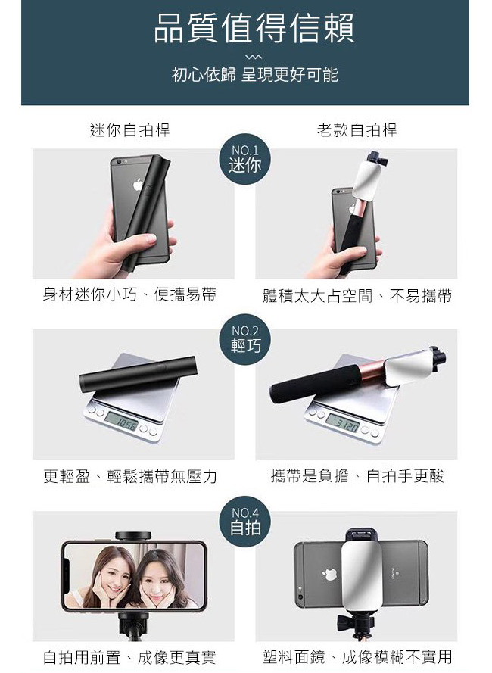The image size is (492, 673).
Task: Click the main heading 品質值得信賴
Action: (x=254, y=28)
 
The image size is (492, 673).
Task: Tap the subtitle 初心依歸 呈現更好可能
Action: (x=255, y=75)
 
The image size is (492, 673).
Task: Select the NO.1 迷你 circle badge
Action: (x=245, y=159)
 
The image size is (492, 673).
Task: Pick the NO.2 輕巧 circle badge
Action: (x=245, y=339)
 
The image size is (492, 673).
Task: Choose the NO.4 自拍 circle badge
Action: (x=245, y=522)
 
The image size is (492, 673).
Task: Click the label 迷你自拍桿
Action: (x=129, y=129)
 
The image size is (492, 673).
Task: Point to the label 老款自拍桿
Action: (x=357, y=129)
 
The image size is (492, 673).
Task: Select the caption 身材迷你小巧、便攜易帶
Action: (x=129, y=294)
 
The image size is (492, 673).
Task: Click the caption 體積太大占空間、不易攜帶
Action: (x=357, y=296)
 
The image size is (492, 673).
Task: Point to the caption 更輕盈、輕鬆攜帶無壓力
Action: (x=130, y=476)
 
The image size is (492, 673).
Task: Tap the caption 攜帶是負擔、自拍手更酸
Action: (x=357, y=476)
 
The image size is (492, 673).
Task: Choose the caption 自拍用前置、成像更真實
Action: (x=129, y=657)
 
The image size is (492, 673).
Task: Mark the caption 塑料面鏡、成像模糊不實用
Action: (x=357, y=656)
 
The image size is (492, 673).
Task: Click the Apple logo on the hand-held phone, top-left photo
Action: (x=138, y=185)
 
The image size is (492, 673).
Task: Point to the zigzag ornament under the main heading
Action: (x=254, y=57)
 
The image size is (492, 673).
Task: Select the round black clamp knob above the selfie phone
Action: (x=133, y=536)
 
